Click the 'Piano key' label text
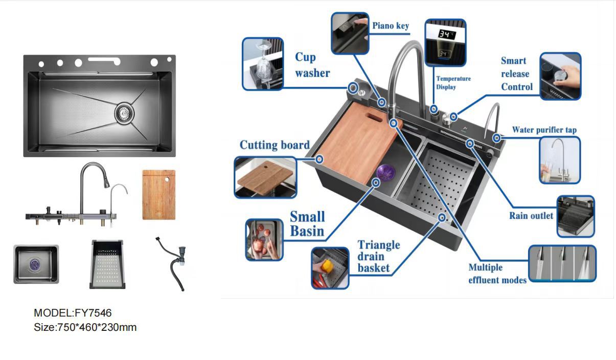click(391, 26)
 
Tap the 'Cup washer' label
click(312, 65)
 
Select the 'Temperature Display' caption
click(453, 83)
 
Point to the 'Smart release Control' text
click(516, 74)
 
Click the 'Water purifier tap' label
click(544, 130)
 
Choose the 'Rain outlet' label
click(531, 215)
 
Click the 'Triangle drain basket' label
click(378, 256)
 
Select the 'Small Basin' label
click(307, 224)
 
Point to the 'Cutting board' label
click(275, 145)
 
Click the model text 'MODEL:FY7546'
click(73, 312)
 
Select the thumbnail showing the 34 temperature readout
click(445, 43)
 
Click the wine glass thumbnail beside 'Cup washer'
click(262, 64)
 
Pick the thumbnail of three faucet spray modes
click(562, 263)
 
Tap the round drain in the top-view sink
click(123, 111)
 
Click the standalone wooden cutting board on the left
click(158, 195)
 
